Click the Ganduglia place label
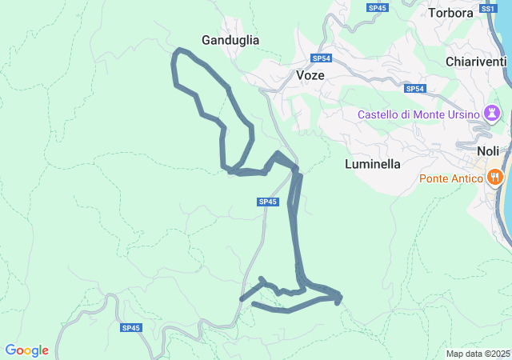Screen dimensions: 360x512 230,39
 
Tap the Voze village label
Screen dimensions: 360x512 310,75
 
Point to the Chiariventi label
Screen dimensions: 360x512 476,62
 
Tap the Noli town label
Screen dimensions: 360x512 487,151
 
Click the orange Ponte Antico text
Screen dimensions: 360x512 449,178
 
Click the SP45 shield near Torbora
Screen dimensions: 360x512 378,8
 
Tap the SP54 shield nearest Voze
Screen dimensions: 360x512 321,58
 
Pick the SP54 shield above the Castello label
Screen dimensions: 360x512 414,89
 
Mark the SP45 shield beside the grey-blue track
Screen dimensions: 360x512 268,202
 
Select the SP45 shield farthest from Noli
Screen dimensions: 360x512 131,328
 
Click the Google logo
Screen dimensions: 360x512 26,350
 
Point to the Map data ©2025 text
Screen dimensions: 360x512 478,354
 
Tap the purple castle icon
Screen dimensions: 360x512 490,114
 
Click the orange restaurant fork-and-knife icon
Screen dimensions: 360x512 495,177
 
